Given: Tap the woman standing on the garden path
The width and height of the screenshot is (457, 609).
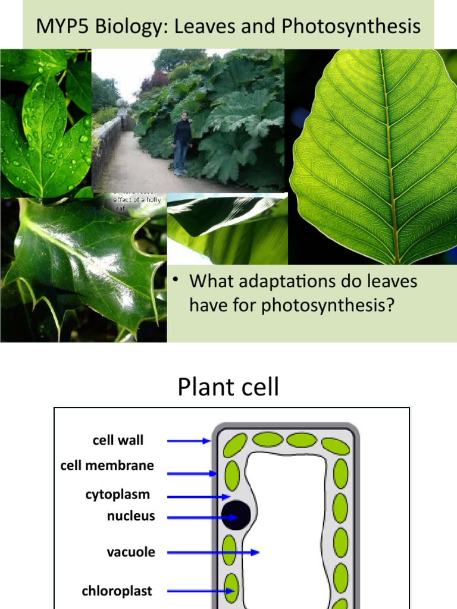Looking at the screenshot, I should tap(182, 143).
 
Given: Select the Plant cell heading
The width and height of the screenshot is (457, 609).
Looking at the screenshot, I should tap(228, 388).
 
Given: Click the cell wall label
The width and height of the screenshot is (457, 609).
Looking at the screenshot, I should tap(118, 441).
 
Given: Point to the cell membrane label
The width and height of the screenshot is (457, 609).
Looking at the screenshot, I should tap(107, 466).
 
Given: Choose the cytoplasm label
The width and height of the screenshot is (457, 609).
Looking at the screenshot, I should tap(117, 494).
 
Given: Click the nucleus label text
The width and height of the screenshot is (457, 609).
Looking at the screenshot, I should tap(131, 516).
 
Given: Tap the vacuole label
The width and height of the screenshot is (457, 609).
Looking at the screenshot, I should tap(131, 552).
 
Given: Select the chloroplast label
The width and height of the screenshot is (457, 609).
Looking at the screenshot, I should tap(117, 591).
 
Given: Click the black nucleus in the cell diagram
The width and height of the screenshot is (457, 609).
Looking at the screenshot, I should tap(236, 515).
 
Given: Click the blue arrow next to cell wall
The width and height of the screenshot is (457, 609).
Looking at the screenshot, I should tap(189, 441).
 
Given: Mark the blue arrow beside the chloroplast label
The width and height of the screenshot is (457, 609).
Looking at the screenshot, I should tap(199, 591).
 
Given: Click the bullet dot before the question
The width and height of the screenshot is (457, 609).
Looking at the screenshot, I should tap(176, 281).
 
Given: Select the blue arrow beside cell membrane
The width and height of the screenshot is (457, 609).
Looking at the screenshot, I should tap(192, 473).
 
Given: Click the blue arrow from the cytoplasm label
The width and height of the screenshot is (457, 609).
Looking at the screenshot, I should tap(198, 497).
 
